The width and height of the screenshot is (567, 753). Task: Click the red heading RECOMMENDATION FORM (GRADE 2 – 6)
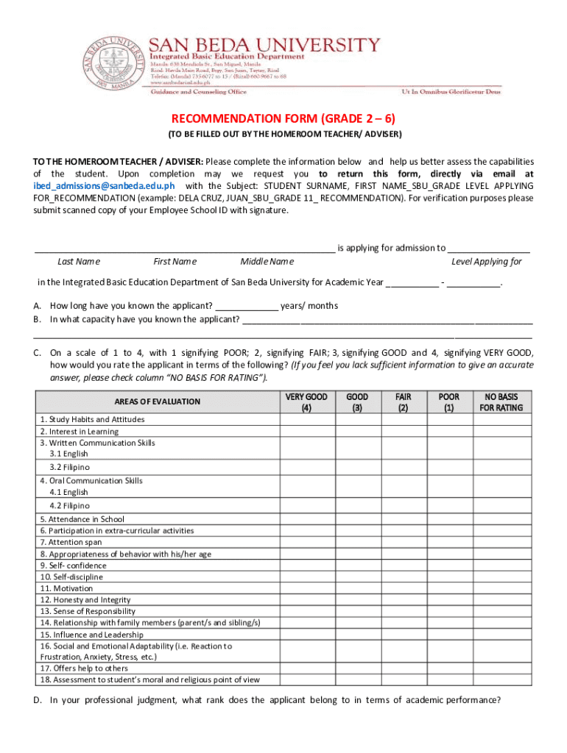(283, 119)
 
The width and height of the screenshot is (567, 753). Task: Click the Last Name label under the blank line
(79, 262)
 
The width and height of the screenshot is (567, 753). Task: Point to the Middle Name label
(267, 262)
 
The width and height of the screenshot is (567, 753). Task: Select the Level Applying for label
(486, 262)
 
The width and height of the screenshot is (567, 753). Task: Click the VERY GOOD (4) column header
(306, 402)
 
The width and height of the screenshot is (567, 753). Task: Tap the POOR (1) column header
(448, 402)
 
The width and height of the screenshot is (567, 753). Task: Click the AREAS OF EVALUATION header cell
(157, 402)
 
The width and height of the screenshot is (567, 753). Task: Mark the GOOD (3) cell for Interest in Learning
(357, 431)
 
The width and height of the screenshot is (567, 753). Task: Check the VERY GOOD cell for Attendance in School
(306, 519)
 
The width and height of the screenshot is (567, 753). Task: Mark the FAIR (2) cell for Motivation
(403, 588)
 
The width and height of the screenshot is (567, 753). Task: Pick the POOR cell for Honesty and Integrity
(448, 600)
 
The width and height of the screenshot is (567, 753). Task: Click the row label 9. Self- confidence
(74, 565)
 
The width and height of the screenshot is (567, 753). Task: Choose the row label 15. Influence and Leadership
(92, 635)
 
